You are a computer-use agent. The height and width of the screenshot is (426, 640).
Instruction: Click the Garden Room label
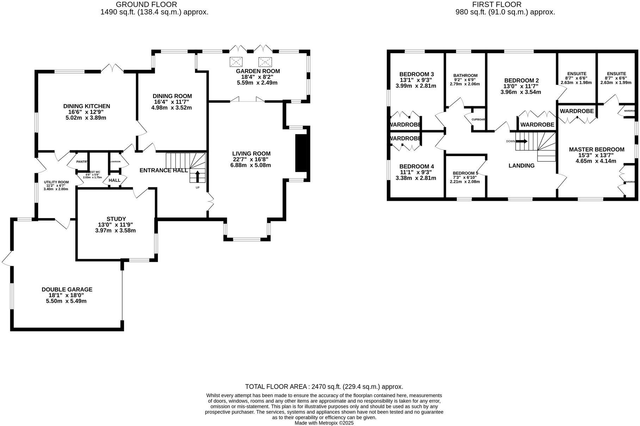pos(258,71)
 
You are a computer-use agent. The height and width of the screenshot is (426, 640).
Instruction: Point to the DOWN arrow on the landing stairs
pos(521,141)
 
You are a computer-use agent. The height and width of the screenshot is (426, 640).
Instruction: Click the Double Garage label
pos(67,289)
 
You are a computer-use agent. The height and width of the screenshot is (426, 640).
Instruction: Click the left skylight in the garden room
pos(236,62)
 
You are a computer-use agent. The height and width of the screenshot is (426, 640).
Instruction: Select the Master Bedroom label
pos(596,150)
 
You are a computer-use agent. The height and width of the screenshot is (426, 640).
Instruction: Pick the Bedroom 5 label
pos(465,173)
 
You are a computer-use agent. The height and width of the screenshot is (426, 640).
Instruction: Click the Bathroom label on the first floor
pos(465,76)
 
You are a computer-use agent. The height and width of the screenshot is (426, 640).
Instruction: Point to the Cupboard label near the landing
pos(478,119)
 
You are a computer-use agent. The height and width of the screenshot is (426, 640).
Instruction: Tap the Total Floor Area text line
pos(324,387)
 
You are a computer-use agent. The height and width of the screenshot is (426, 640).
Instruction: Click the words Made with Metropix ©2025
pos(324,423)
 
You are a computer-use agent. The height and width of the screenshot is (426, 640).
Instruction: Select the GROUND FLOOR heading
pos(146,5)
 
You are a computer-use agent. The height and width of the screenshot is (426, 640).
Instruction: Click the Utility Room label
pos(56,182)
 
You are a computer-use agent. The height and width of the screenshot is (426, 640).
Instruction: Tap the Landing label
pos(521,166)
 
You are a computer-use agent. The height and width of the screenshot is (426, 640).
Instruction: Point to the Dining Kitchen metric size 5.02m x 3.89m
pos(86,118)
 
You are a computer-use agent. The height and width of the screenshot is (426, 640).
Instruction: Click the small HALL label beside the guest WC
pos(115,180)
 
